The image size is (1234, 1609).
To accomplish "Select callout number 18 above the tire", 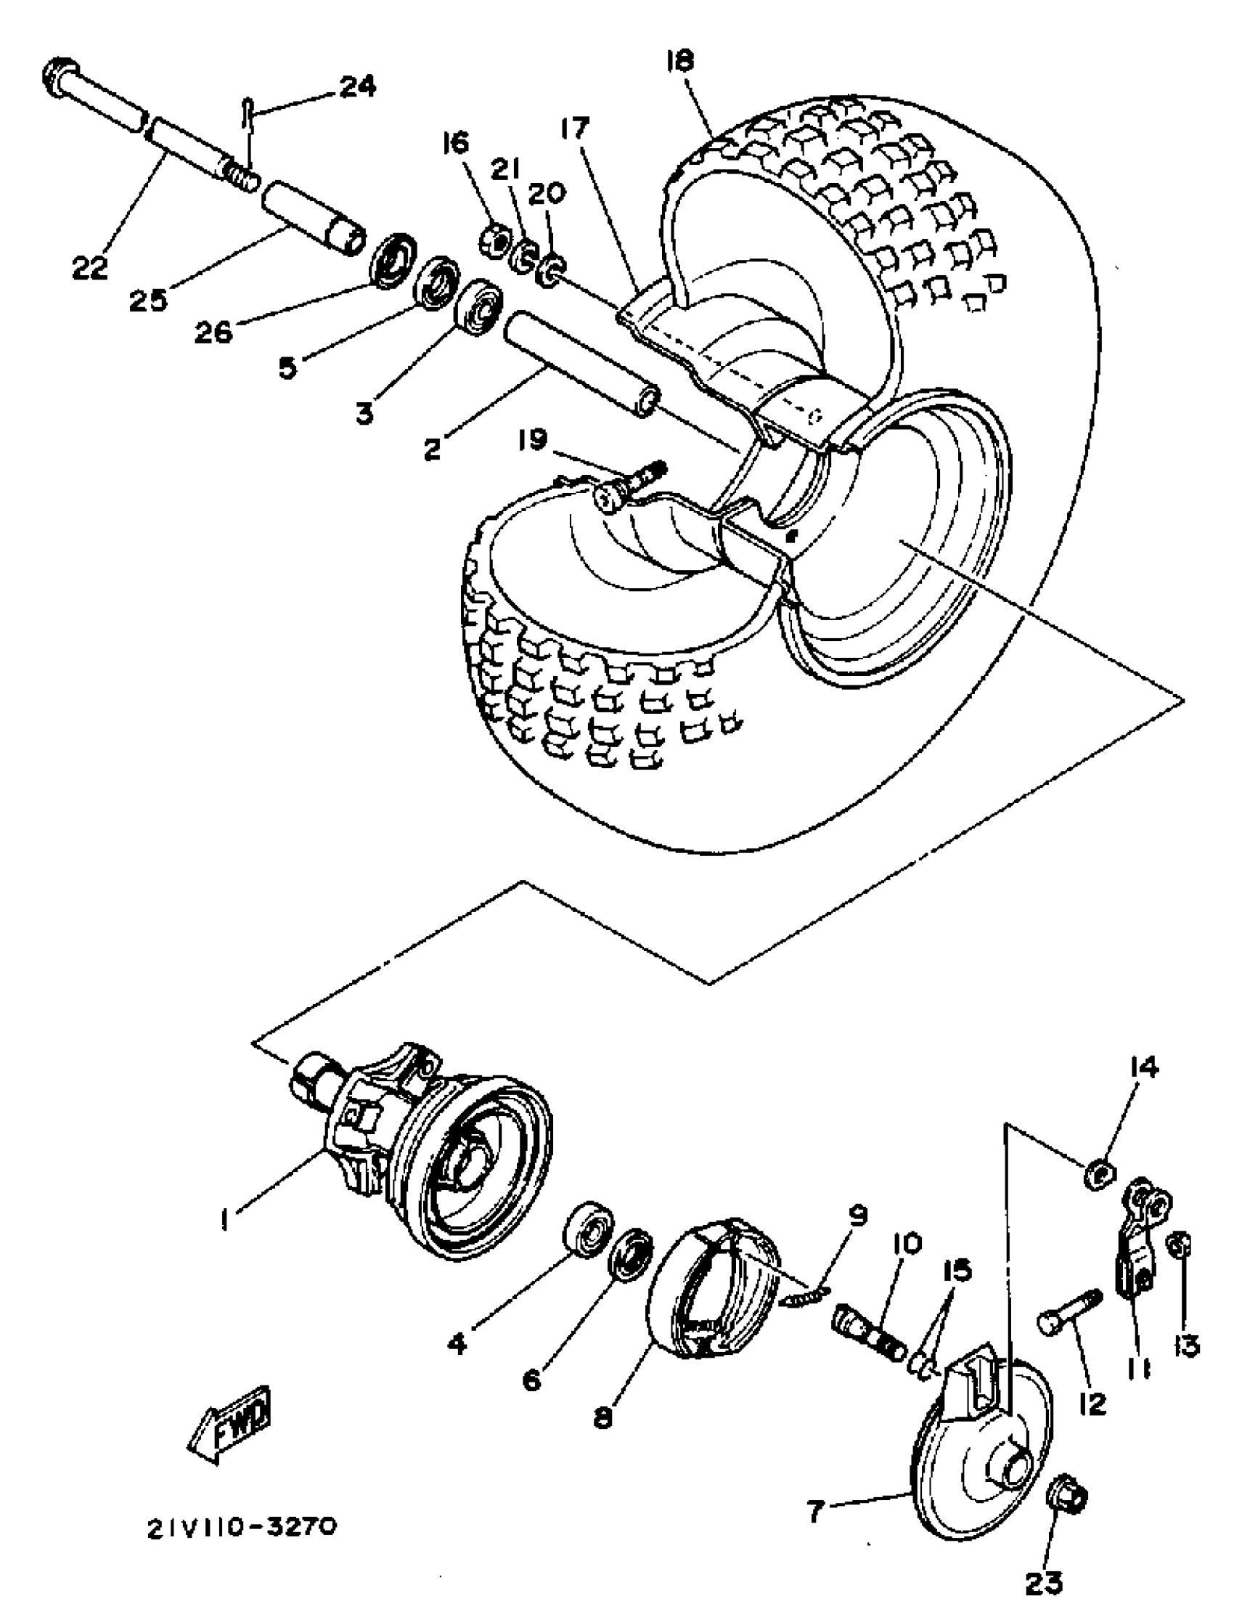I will point(679,61).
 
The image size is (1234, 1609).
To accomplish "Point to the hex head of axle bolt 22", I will point(61,76).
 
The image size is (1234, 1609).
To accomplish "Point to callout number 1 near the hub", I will point(225,1221).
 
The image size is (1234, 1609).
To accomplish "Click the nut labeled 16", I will point(496,241).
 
